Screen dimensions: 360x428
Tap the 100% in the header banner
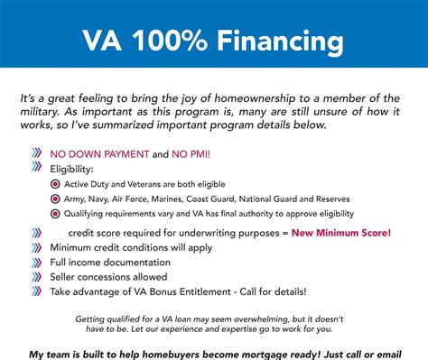tap(171, 41)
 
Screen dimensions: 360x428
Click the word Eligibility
tap(71, 168)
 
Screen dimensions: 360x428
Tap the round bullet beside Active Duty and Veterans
tap(56, 184)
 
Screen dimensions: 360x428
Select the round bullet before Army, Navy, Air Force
tap(56, 198)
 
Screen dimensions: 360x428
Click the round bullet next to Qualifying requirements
tap(56, 213)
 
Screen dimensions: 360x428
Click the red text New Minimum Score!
tap(340, 233)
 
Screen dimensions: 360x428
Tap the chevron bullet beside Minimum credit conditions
tap(36, 248)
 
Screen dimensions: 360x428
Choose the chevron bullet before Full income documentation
tap(36, 263)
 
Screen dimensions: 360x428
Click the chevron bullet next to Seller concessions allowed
tap(36, 277)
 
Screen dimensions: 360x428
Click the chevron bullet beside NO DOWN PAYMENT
tap(36, 153)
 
